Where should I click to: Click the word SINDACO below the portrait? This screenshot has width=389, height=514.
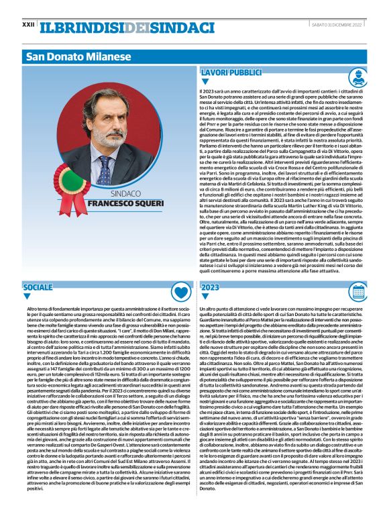(125, 193)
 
